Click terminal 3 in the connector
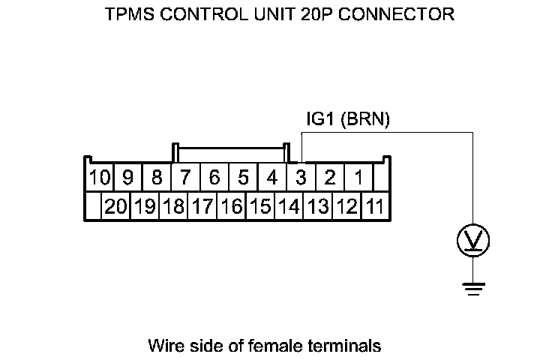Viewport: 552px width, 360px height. (x=301, y=178)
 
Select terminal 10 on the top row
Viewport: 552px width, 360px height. (x=98, y=178)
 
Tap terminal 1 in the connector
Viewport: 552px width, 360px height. (x=358, y=178)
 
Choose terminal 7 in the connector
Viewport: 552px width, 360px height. (x=185, y=178)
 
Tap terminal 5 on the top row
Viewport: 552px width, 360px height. (x=243, y=178)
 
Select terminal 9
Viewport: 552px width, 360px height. (x=127, y=178)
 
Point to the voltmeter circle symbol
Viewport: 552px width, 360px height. (x=474, y=241)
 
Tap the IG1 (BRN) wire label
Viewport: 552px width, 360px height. (x=348, y=120)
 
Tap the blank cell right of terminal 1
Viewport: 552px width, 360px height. (x=382, y=178)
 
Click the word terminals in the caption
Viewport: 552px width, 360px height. (x=349, y=346)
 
